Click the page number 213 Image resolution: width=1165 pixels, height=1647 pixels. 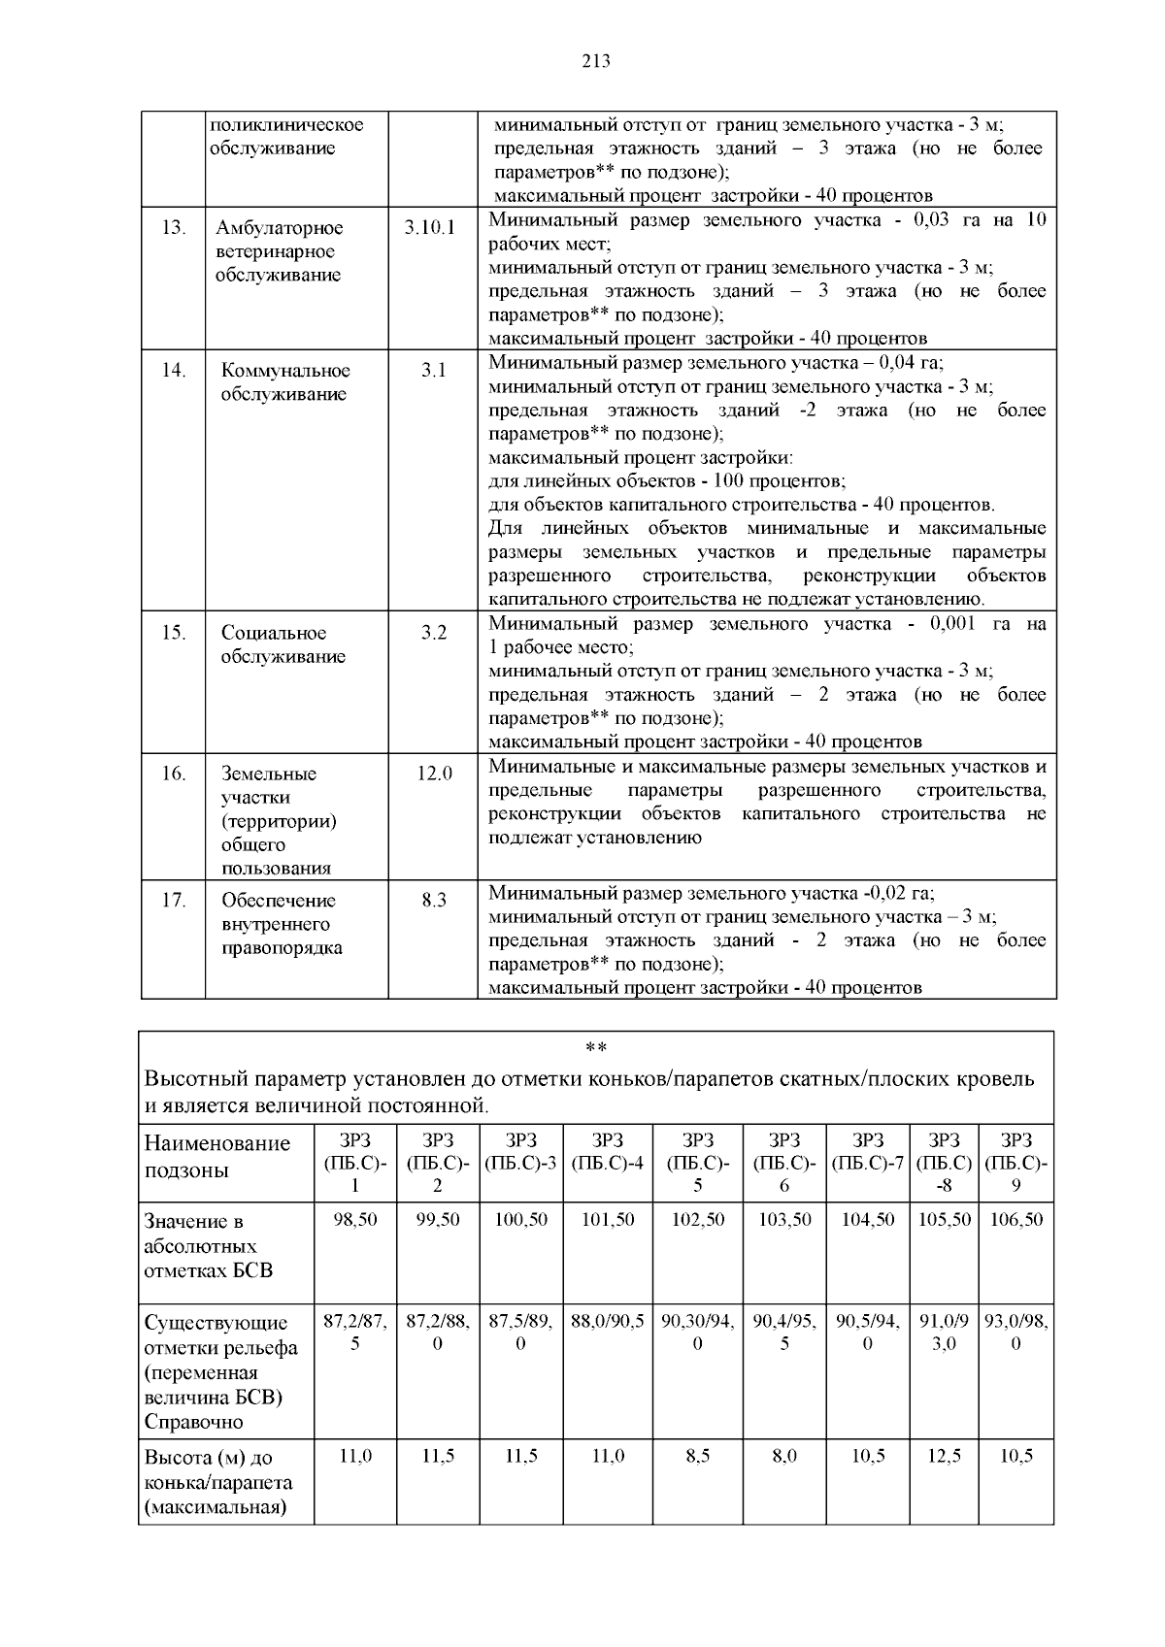pyautogui.click(x=596, y=62)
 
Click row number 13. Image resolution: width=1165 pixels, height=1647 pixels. pyautogui.click(x=173, y=228)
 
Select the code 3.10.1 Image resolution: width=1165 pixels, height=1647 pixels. pyautogui.click(x=429, y=228)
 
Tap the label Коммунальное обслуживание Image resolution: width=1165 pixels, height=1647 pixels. pyautogui.click(x=285, y=382)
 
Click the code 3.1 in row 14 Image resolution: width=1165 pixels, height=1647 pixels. pyautogui.click(x=433, y=371)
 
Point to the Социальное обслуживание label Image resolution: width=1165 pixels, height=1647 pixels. pyautogui.click(x=283, y=644)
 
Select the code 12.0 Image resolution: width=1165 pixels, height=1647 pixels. pyautogui.click(x=434, y=774)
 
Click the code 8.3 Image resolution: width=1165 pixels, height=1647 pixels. pyautogui.click(x=434, y=901)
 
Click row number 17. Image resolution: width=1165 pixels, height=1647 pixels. pyautogui.click(x=173, y=901)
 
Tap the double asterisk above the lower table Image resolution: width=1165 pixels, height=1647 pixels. pyautogui.click(x=596, y=1049)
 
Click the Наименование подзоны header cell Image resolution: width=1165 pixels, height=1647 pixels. pyautogui.click(x=217, y=1156)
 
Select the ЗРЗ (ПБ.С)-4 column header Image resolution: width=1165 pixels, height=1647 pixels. pyautogui.click(x=608, y=1151)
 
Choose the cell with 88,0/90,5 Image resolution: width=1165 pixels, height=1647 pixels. pyautogui.click(x=608, y=1322)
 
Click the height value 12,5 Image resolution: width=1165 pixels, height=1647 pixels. pyautogui.click(x=944, y=1457)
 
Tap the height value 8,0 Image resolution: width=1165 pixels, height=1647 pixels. pyautogui.click(x=783, y=1457)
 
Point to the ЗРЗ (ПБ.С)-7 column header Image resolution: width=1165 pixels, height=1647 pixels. pyautogui.click(x=867, y=1151)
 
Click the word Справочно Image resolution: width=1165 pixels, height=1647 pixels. pyautogui.click(x=193, y=1423)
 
